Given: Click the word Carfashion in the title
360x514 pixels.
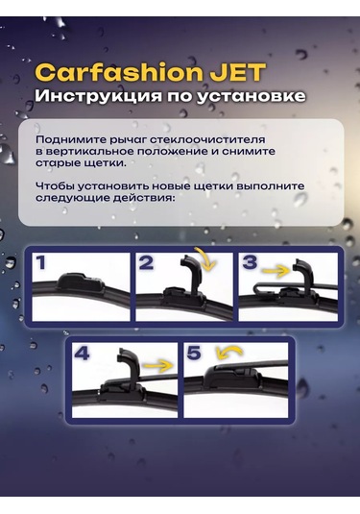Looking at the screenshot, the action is coord(120,72).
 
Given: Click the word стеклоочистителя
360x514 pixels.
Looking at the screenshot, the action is coord(207,140).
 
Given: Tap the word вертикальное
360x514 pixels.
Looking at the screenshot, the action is coord(89,152).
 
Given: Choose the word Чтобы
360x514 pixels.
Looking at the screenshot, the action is coord(55,185).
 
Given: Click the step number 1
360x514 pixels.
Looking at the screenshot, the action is coord(40,263).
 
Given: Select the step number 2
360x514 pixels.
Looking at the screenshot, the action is coord(146,263).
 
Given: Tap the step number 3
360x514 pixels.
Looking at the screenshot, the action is coord(251,262).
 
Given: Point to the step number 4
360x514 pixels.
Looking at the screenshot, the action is coord(82,353).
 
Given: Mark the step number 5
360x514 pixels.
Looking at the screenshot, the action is coord(194,353).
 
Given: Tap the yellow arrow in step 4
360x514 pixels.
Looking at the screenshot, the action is coord(158,365).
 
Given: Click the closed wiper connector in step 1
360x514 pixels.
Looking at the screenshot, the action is coord(81,282).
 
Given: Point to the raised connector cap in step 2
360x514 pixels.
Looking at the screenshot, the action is coord(191,273).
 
